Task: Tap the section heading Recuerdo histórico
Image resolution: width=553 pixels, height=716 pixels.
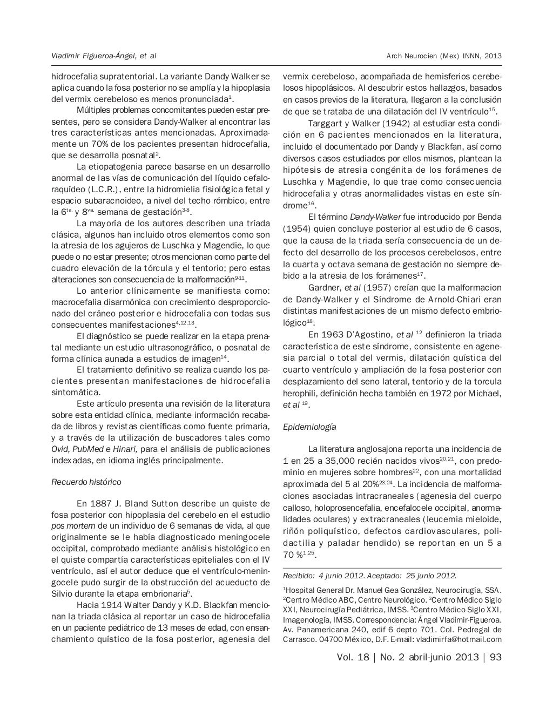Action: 86,482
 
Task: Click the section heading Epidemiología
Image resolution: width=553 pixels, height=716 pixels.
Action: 309,427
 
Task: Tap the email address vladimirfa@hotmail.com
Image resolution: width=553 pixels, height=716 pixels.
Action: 458,639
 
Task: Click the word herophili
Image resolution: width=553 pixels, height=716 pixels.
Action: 300,393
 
